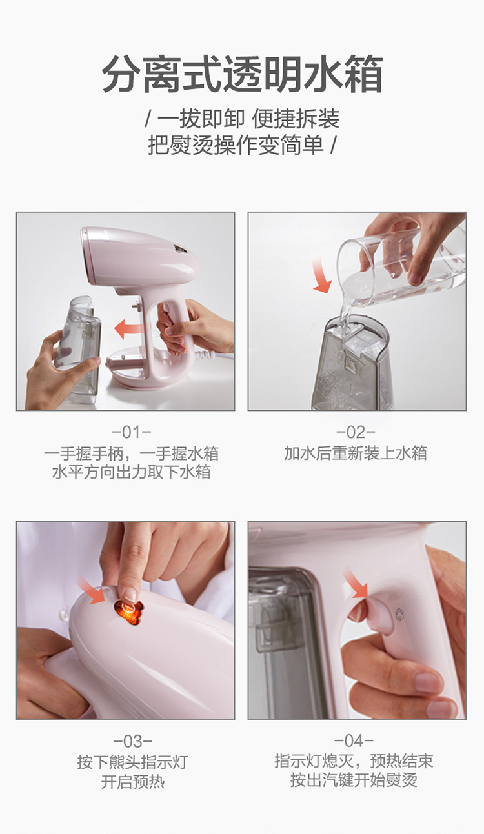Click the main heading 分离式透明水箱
tap(242, 74)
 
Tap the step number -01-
tap(131, 432)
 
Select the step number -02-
tap(356, 432)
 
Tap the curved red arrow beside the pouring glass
tap(321, 273)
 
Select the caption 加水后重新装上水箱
tap(356, 453)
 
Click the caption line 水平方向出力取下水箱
tap(131, 472)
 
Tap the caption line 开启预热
tap(133, 782)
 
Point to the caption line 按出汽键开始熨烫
tap(354, 780)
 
